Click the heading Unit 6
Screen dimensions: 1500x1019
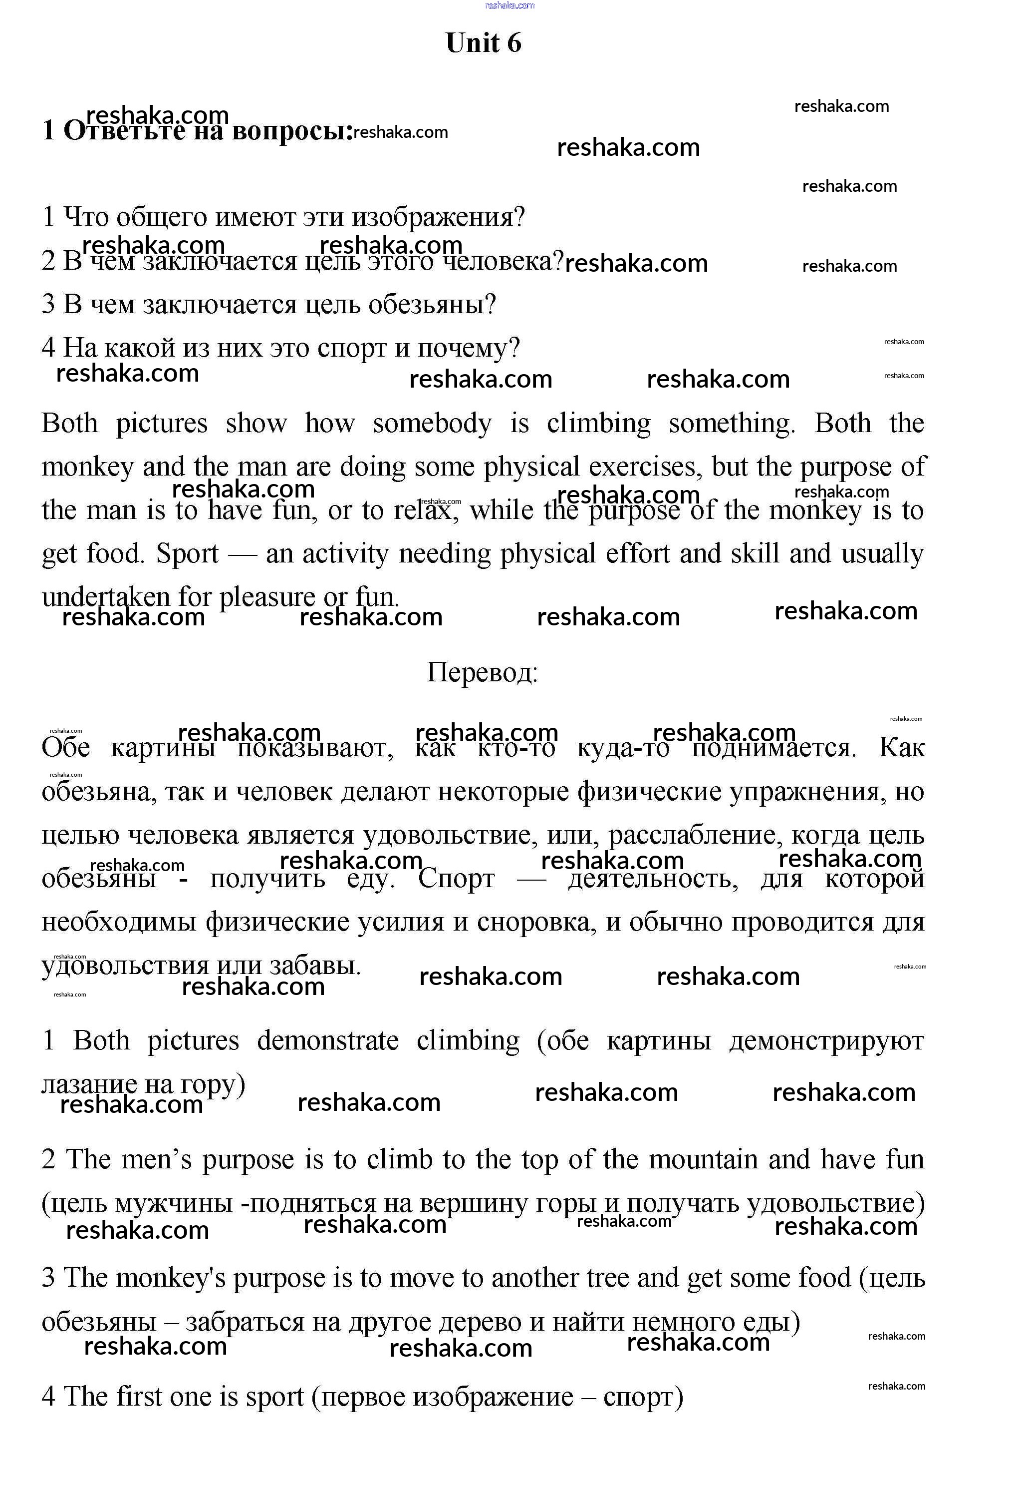(483, 43)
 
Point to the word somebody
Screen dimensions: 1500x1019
(432, 424)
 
